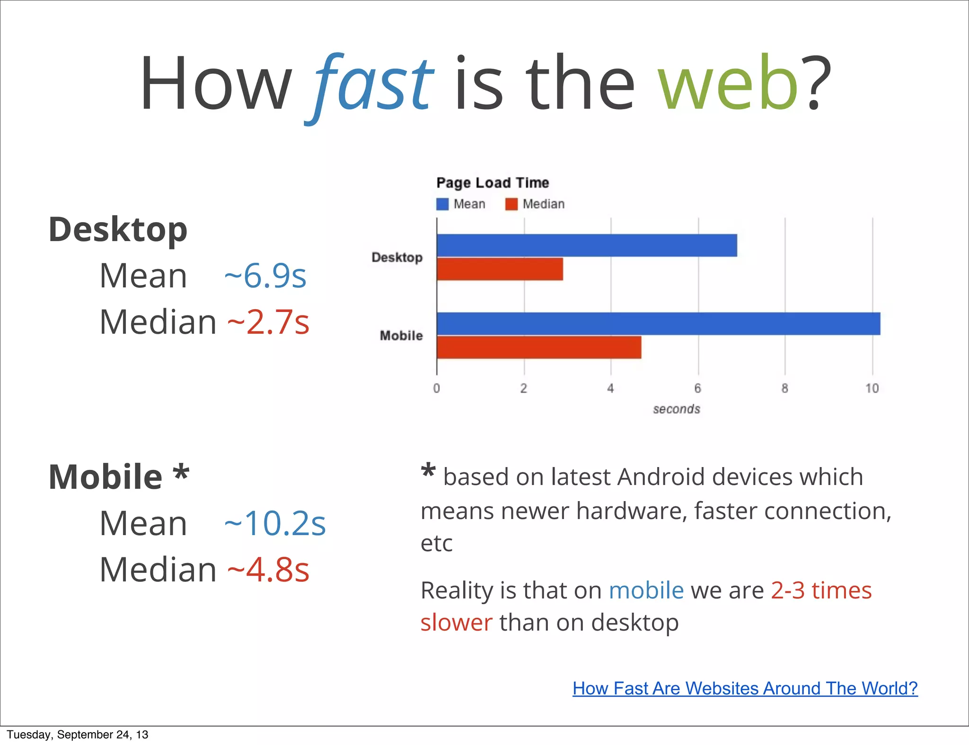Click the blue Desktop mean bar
click(587, 245)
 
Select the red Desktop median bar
click(500, 269)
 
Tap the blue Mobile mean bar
click(658, 324)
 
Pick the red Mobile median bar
click(539, 347)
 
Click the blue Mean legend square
click(442, 204)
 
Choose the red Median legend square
click(511, 204)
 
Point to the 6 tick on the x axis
click(697, 389)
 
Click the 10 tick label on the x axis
click(872, 389)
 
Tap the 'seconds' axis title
click(676, 409)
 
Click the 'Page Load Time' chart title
click(493, 183)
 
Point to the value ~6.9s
click(265, 276)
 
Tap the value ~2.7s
click(268, 322)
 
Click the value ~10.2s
click(275, 523)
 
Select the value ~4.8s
click(268, 570)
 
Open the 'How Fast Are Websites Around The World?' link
click(745, 688)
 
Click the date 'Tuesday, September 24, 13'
click(78, 735)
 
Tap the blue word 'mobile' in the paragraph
click(646, 590)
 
